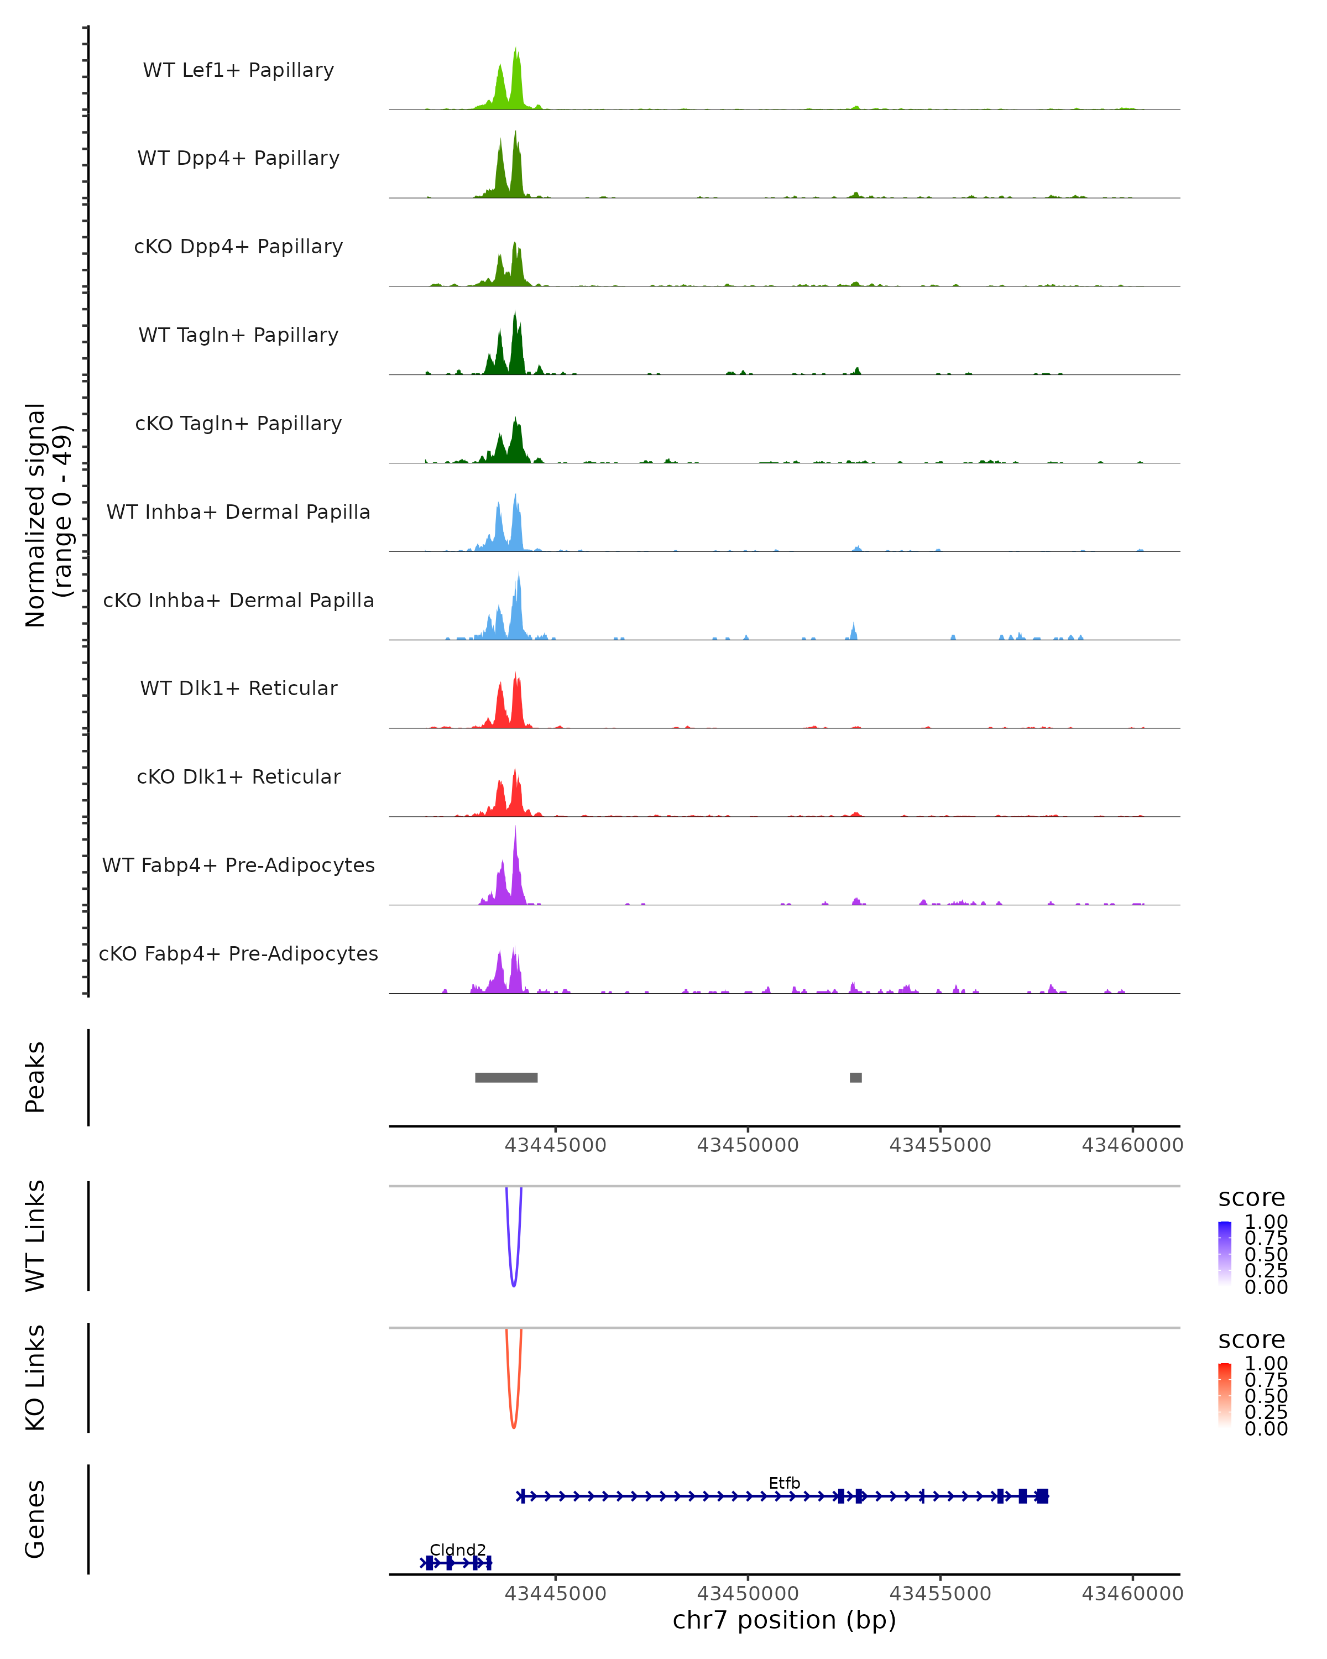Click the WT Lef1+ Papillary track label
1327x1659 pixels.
click(x=238, y=70)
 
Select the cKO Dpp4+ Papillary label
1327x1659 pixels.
click(x=238, y=246)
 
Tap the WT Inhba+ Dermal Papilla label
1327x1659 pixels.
click(x=238, y=512)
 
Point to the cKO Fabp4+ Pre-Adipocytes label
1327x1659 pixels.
click(x=238, y=953)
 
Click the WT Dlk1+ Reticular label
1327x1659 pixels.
click(x=238, y=688)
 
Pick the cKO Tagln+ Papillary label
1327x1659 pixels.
click(x=238, y=423)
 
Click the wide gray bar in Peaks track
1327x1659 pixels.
click(x=506, y=1077)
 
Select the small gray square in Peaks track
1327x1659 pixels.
click(x=855, y=1077)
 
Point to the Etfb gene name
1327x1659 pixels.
click(x=785, y=1483)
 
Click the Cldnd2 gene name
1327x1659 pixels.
click(x=458, y=1550)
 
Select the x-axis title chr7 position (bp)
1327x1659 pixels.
click(x=785, y=1620)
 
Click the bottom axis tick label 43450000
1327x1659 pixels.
click(x=748, y=1593)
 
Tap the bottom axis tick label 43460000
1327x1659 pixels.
click(x=1132, y=1593)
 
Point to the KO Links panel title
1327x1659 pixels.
click(x=35, y=1378)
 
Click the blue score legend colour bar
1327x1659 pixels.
click(x=1225, y=1253)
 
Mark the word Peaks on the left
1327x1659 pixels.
click(x=35, y=1077)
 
